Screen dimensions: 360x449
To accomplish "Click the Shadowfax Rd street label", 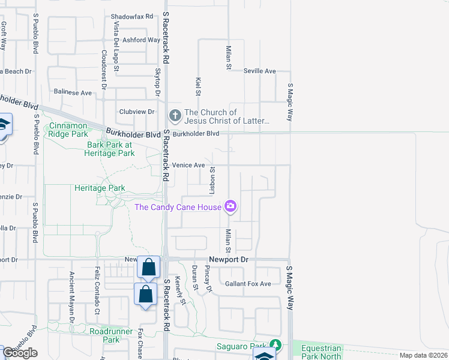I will (133, 17).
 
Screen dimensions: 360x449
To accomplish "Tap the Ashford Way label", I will (141, 40).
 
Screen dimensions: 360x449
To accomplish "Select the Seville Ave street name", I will (259, 71).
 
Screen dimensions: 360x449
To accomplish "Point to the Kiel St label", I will (197, 86).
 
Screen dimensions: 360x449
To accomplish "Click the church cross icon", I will (175, 114).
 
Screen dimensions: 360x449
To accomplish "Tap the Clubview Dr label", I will (137, 112).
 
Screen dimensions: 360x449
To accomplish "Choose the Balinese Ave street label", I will (73, 93).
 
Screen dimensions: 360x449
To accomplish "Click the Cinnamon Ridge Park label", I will (68, 130).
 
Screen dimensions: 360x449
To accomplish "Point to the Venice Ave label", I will (188, 165).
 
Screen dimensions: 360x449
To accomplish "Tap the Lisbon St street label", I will (212, 178).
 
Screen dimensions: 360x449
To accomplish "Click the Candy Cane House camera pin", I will (231, 207).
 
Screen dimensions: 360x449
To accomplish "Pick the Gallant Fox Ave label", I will (249, 284).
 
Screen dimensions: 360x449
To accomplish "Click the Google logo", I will (20, 353).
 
